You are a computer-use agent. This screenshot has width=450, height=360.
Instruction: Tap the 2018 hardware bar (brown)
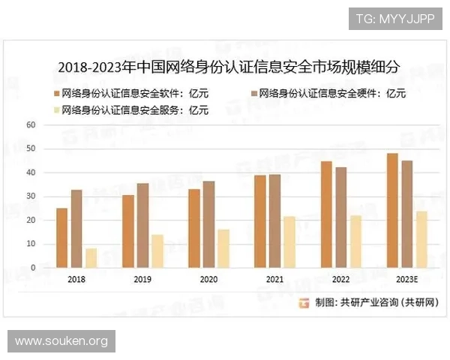(76, 229)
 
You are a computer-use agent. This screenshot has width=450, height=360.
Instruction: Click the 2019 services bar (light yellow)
(157, 251)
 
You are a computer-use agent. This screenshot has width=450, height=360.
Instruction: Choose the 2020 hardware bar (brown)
(208, 224)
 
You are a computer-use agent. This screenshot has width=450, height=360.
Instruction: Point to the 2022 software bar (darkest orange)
(325, 214)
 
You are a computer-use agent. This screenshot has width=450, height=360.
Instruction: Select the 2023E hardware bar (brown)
(406, 214)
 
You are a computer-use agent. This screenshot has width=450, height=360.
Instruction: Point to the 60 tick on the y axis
(31, 125)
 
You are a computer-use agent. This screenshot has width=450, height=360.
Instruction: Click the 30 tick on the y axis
(31, 196)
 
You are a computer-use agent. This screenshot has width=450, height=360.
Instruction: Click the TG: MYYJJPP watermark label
(394, 18)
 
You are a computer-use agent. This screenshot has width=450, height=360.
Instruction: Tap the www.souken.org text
(62, 341)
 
